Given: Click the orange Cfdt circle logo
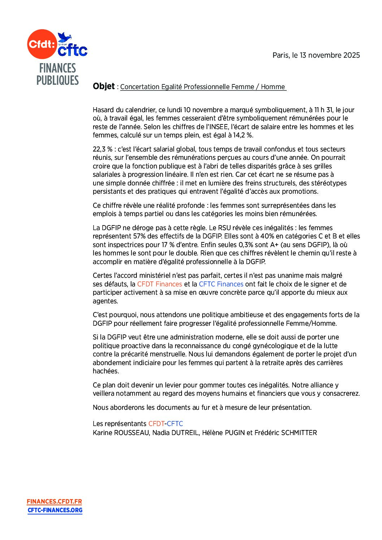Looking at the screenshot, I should coord(42,44).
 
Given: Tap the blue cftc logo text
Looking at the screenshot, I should coord(73,50).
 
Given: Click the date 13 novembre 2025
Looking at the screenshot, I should coord(330,55).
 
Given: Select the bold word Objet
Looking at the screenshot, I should coord(104,86).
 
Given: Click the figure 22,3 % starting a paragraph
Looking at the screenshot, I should coord(102,149).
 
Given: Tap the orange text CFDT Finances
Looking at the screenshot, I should coord(159,284).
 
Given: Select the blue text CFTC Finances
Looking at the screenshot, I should coord(221,284).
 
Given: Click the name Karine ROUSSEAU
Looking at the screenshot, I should coord(121,433).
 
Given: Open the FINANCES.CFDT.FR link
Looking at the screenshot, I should coord(54,501).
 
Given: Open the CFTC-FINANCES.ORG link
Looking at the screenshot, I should coord(55,510).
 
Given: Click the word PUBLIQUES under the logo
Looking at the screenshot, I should coord(57,80).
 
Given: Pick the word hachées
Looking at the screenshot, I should coord(105,371).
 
